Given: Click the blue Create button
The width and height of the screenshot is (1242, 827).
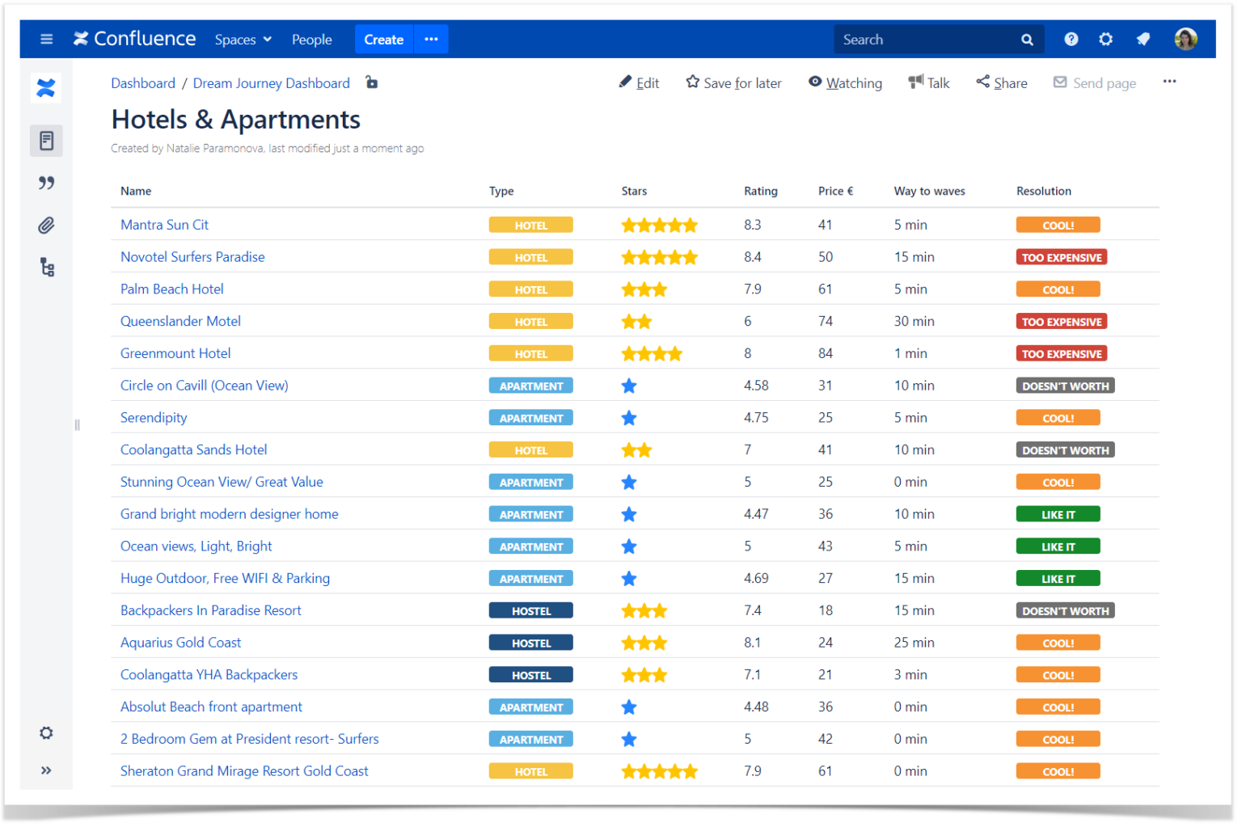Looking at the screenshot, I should [x=383, y=40].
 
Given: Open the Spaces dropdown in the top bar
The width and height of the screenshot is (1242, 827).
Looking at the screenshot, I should [x=243, y=40].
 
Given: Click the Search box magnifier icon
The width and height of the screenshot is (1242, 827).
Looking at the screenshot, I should [x=1027, y=40].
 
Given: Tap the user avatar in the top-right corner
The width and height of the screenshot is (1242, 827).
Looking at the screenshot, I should [x=1185, y=39].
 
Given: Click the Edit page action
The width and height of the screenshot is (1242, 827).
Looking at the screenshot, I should [x=639, y=83].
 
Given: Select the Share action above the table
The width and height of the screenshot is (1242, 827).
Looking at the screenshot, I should [x=1002, y=83].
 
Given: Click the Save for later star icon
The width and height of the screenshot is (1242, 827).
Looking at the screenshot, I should [x=693, y=82].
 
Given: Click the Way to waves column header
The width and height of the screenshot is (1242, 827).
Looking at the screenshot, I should [x=929, y=192].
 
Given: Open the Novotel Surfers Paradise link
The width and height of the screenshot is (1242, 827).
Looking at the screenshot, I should [x=192, y=257].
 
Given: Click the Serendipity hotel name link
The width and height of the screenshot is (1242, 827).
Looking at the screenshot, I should [x=154, y=418].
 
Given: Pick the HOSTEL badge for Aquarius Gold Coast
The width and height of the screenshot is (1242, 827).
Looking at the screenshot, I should [x=530, y=643].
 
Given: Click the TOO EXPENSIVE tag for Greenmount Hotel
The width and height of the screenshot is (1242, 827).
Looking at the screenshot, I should [x=1061, y=354].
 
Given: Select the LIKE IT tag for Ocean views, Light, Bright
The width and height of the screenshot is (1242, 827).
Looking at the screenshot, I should [x=1058, y=547].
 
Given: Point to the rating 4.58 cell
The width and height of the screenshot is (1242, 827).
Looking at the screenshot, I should [x=756, y=386].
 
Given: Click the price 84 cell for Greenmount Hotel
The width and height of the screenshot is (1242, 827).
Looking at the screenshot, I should [x=826, y=354].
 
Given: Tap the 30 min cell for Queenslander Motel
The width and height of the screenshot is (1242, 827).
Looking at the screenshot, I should [x=914, y=322].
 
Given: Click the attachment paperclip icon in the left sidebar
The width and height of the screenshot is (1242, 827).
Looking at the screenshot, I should [x=46, y=226].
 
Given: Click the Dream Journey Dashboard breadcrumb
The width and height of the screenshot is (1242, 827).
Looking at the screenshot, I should [x=271, y=83].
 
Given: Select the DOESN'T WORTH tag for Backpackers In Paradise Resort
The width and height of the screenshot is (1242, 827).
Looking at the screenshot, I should [x=1065, y=611].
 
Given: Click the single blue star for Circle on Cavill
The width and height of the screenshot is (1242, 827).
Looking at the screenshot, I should [x=629, y=386].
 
